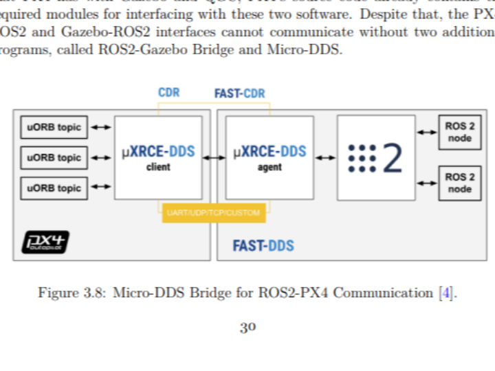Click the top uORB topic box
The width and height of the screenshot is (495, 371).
54,127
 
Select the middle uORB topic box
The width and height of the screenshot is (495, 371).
54,157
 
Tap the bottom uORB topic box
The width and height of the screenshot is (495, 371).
54,188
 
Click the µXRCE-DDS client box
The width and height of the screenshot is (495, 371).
158,158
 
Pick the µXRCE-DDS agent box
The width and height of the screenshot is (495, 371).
269,158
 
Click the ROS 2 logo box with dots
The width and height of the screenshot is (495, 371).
375,158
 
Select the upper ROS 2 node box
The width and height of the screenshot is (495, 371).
460,133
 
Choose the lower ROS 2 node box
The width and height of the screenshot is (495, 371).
460,182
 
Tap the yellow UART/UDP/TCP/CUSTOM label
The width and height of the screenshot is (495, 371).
214,213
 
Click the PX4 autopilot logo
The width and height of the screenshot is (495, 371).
46,241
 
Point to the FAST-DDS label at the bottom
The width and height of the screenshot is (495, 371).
263,245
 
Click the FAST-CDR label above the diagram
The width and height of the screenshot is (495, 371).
239,93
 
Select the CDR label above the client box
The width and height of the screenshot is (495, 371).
168,93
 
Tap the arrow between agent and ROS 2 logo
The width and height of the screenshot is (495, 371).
325,158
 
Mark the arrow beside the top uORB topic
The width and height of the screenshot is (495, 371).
100,127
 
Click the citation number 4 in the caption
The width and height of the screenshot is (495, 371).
446,293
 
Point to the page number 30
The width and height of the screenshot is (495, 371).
247,328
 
